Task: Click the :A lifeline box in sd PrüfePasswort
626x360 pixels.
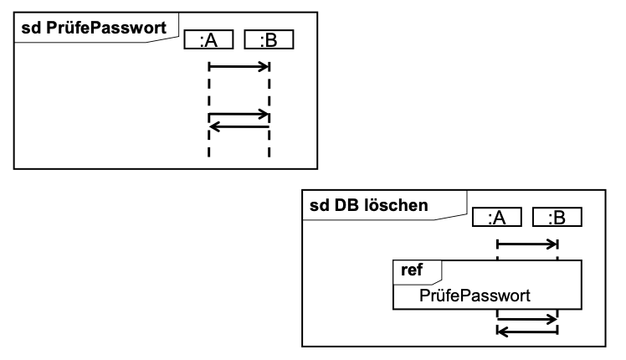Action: click(x=208, y=39)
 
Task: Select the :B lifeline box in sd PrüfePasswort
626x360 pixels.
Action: click(x=269, y=39)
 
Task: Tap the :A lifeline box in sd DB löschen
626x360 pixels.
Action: click(x=496, y=218)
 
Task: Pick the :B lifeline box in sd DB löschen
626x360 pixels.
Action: click(x=557, y=218)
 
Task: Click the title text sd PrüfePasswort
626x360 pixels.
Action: click(x=94, y=28)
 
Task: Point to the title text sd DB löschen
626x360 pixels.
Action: click(x=368, y=205)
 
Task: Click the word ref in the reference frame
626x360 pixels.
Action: click(x=412, y=270)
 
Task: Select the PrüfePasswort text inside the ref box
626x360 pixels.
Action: click(x=475, y=296)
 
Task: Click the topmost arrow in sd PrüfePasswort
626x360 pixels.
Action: click(x=239, y=66)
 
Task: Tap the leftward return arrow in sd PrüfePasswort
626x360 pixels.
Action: click(x=239, y=127)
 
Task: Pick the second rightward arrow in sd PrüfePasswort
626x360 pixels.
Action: click(x=239, y=115)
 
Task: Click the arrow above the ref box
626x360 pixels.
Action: click(x=527, y=244)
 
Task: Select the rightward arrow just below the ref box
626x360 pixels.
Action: click(x=527, y=319)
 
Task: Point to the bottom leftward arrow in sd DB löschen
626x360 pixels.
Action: click(x=527, y=332)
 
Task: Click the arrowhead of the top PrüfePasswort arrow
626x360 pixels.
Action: click(x=264, y=66)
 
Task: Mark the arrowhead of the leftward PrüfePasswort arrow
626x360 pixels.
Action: click(x=215, y=127)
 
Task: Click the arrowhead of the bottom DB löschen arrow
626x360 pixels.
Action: click(x=503, y=332)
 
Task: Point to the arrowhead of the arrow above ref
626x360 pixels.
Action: click(x=552, y=244)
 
